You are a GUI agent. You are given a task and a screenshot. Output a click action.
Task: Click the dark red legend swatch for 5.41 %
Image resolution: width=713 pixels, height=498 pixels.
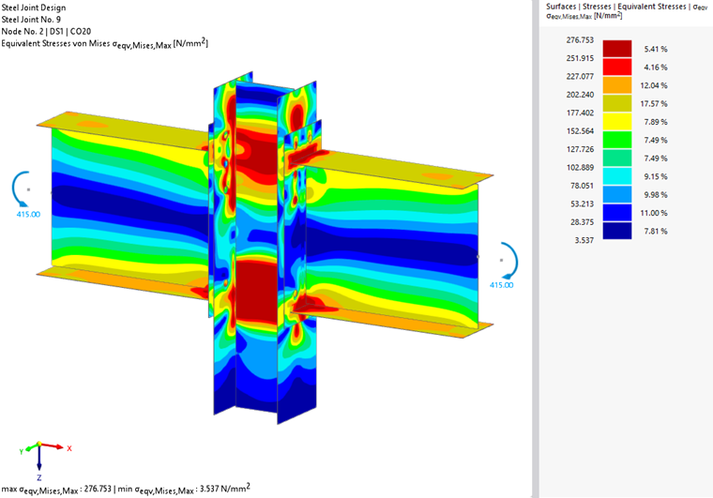click(x=617, y=49)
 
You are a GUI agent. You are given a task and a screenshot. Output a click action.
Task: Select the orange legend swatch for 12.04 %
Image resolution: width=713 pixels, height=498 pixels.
click(x=617, y=85)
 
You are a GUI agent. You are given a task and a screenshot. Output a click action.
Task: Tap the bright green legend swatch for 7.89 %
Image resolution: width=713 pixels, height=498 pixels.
click(x=617, y=140)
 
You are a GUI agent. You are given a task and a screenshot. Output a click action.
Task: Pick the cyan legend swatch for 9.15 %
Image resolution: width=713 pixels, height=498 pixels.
click(x=617, y=176)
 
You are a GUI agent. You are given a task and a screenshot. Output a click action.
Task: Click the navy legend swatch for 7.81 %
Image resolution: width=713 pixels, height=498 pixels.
click(x=617, y=231)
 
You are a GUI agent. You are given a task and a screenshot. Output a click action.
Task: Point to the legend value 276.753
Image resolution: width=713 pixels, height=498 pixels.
click(x=580, y=40)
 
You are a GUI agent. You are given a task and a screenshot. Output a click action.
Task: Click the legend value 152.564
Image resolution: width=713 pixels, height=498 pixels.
click(x=580, y=131)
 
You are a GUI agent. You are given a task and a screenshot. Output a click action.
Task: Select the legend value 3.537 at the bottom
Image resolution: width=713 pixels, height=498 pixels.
click(x=584, y=240)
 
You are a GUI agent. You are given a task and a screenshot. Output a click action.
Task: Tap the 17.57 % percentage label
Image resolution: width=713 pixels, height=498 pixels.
click(x=654, y=103)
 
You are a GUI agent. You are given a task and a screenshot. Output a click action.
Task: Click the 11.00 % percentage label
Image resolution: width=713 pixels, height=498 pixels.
click(x=654, y=213)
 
